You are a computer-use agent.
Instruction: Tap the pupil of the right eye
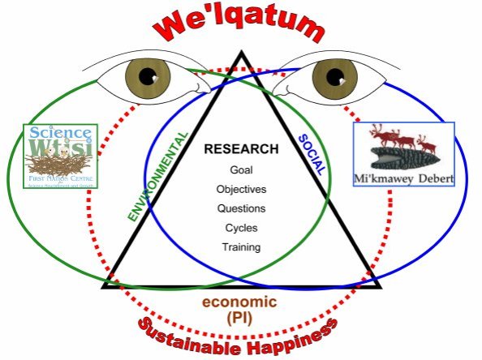(x=332, y=79)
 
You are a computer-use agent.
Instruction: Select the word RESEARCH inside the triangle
(x=241, y=149)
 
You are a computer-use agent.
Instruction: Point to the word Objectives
(x=241, y=189)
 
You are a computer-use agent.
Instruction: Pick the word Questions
(x=241, y=208)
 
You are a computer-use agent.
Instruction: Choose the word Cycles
(x=241, y=228)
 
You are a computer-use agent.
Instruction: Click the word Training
(x=241, y=247)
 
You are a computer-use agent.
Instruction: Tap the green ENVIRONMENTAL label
(x=159, y=176)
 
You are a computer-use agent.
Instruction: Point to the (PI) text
(x=240, y=318)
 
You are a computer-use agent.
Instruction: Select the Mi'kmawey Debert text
(x=404, y=177)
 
